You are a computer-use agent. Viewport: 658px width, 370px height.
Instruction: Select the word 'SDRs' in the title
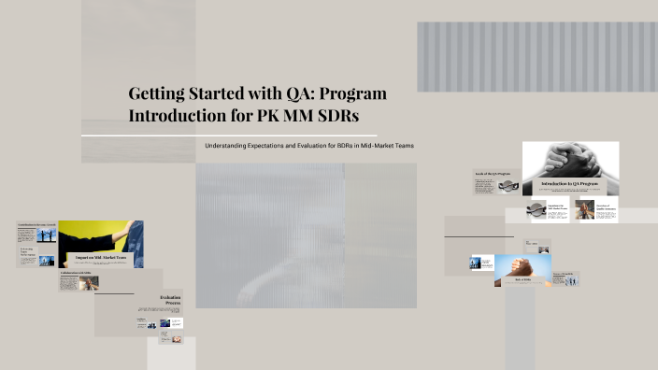coord(334,116)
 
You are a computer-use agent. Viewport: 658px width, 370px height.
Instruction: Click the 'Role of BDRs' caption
coord(524,278)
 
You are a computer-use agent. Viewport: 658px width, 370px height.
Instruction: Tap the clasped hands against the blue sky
coord(524,265)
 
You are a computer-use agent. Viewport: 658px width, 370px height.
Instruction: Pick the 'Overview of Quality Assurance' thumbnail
coord(586,210)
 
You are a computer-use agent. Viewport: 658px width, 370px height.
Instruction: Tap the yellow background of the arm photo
coord(84,234)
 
